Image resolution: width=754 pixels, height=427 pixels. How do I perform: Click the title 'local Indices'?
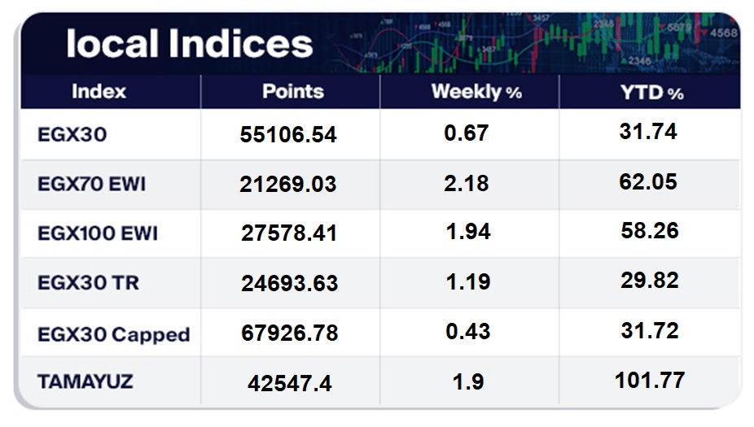(190, 44)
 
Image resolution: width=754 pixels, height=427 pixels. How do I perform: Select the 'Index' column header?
(99, 91)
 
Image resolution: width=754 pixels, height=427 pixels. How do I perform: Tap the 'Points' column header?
(293, 91)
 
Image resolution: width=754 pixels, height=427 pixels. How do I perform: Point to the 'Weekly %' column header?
(476, 91)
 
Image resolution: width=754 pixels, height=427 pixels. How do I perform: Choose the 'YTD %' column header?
(652, 92)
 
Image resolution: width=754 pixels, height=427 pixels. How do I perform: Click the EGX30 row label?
(72, 134)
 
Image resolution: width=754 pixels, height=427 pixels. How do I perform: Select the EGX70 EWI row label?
(91, 184)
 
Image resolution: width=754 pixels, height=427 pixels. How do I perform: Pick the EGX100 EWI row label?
(98, 233)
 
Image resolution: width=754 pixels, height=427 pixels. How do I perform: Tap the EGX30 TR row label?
(89, 282)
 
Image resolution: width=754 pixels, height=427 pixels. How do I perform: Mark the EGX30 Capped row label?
(114, 334)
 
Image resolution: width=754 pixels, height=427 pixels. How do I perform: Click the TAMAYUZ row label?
(85, 381)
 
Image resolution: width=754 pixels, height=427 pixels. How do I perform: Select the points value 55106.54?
(288, 134)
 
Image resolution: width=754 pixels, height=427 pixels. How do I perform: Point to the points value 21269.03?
(288, 184)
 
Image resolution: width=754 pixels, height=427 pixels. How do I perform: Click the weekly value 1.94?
(468, 232)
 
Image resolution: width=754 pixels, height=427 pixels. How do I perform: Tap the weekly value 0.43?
(468, 331)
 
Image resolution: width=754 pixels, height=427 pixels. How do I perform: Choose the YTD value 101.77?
(650, 381)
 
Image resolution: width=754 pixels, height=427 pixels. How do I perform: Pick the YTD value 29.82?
(650, 281)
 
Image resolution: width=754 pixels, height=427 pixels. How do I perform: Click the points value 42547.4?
(290, 383)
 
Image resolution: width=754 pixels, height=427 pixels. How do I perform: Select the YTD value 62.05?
(648, 182)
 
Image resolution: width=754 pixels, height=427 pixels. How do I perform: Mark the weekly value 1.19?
(468, 282)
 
